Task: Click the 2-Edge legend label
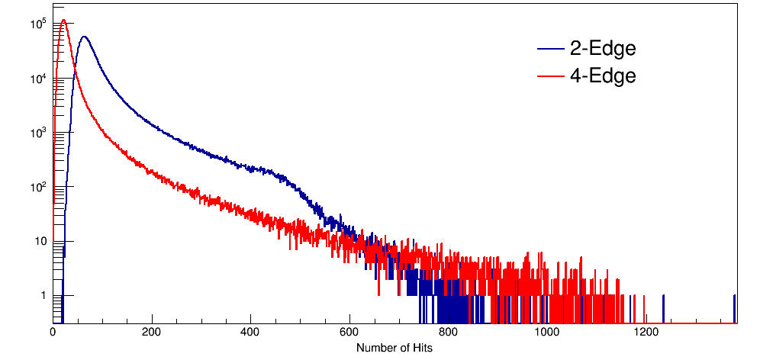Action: (602, 49)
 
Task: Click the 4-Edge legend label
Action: (602, 76)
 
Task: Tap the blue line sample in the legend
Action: (549, 50)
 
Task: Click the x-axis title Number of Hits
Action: (394, 348)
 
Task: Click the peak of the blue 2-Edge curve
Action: (84, 37)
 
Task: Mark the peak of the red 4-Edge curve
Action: (64, 21)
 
